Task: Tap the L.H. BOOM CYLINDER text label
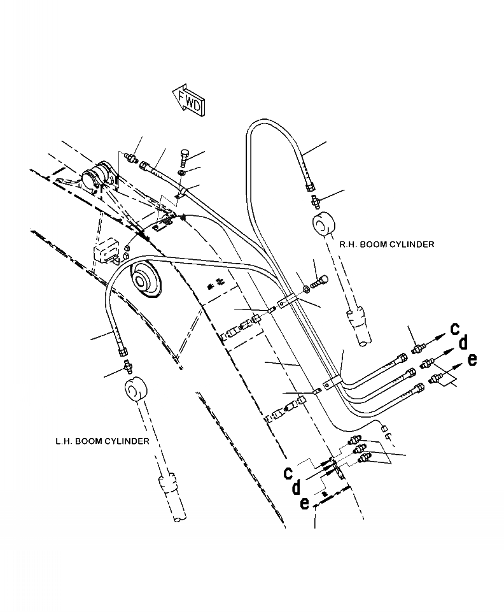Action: (x=102, y=441)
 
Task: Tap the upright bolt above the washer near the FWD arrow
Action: (x=184, y=155)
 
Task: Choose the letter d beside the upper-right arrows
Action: (x=463, y=343)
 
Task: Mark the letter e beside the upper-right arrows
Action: (x=472, y=359)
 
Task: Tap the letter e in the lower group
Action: (x=305, y=502)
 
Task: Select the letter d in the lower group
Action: (x=296, y=488)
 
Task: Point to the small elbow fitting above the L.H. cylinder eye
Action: (x=127, y=366)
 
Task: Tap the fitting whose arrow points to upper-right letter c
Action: (x=417, y=348)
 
